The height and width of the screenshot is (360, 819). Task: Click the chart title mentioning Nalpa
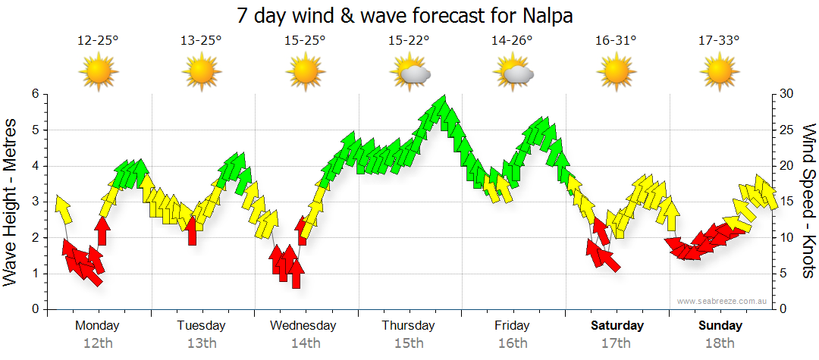409,14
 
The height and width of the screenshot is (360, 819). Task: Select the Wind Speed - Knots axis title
808,201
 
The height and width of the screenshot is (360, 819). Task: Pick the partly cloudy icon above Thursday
410,73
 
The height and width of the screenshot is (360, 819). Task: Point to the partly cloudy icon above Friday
513,73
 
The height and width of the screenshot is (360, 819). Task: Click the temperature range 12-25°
98,40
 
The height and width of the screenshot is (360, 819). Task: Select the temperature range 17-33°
720,40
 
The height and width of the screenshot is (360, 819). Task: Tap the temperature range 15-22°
409,40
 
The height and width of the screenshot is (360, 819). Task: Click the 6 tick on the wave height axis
34,94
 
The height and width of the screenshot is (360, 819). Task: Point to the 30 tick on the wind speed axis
788,94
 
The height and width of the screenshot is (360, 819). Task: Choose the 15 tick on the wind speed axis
788,202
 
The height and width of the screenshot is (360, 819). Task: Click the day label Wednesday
303,326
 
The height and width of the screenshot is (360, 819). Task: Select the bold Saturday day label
617,326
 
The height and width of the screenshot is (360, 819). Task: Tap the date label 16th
513,343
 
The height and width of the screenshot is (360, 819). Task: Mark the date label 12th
98,343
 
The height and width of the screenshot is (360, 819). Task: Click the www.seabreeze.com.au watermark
723,301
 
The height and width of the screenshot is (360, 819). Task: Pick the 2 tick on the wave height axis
34,238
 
